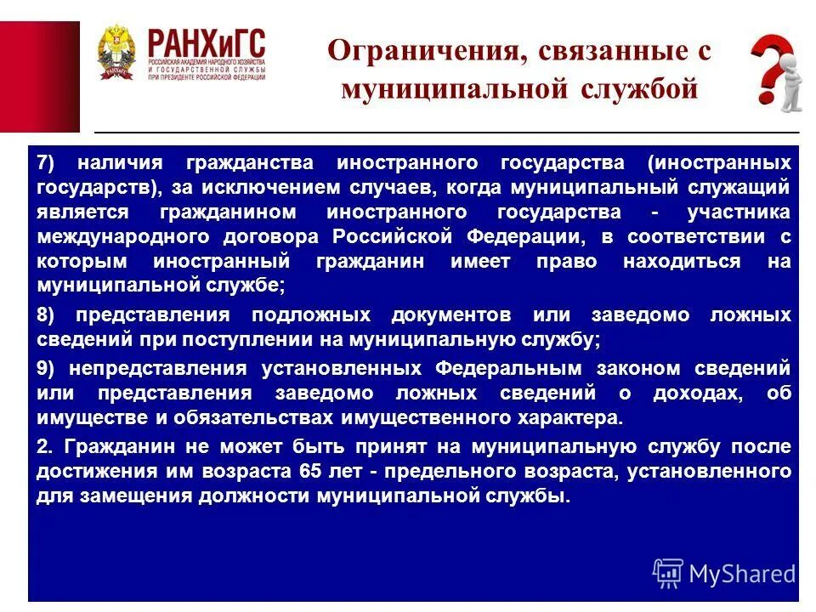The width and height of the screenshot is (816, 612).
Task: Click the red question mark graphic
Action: (775, 72)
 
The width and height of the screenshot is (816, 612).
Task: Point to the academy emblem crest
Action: (115, 53)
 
